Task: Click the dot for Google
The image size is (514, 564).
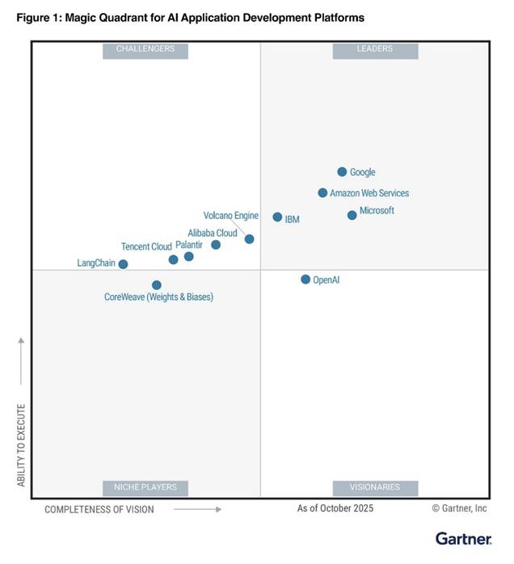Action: coord(342,172)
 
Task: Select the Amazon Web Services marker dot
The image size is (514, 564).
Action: coord(322,193)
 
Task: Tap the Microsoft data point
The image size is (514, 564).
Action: coord(352,215)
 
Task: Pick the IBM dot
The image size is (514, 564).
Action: coord(277,217)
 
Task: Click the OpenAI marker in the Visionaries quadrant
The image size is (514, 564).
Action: coord(305,280)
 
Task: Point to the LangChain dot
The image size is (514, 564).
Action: coord(123,264)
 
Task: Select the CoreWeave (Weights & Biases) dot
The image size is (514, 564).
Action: coord(157,285)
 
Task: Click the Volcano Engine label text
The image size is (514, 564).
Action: coord(230,216)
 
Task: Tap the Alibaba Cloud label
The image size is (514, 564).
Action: coord(213,233)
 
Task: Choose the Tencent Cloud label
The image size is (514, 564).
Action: coord(146,246)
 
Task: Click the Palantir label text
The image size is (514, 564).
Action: coord(189,245)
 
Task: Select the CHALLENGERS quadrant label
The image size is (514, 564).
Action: coord(145,49)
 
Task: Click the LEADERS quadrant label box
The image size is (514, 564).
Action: coord(375,49)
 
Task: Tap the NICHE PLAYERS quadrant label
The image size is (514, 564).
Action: coord(145,487)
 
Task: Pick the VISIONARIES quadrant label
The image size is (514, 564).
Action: coord(375,487)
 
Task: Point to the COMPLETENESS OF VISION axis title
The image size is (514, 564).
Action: coord(99,509)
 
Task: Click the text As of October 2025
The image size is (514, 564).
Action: coord(335,508)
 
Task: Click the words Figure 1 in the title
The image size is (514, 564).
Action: coord(39,17)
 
